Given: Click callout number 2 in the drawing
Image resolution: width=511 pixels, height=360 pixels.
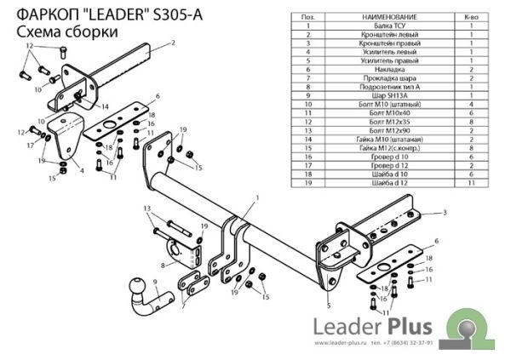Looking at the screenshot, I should pos(173,42).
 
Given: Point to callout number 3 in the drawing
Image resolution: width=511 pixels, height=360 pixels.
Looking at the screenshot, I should pos(445,212).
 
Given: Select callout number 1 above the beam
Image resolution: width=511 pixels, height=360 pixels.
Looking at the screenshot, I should pos(254,197).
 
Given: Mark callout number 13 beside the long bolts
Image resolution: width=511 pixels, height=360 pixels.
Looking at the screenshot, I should pos(146,209).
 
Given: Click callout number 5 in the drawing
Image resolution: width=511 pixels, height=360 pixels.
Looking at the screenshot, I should pos(328,304).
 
